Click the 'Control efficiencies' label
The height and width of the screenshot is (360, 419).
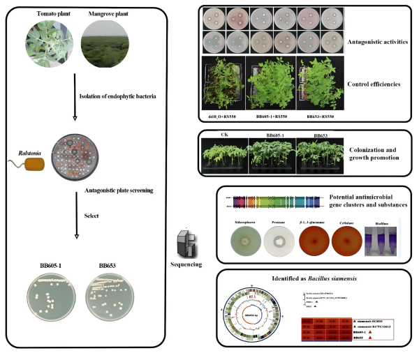(375, 84)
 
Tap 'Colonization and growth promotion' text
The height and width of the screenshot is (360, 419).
(376, 153)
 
